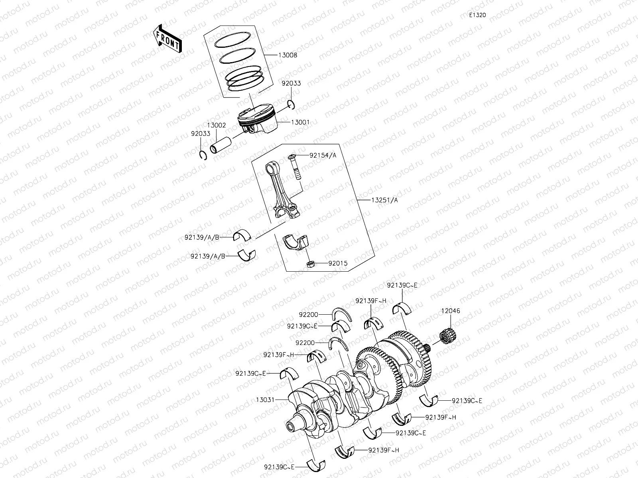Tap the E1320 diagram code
[x=477, y=15]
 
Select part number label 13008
[x=288, y=55]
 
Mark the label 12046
[x=450, y=311]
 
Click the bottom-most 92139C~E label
[x=279, y=467]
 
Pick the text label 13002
[x=216, y=125]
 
